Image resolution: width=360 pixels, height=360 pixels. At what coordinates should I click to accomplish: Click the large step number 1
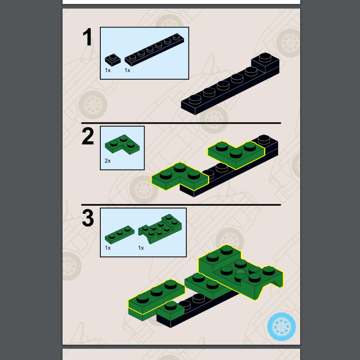coord(87,37)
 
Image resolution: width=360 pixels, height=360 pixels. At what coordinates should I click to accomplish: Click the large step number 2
coord(88,136)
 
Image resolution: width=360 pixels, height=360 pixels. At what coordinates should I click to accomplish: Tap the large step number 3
coord(88,218)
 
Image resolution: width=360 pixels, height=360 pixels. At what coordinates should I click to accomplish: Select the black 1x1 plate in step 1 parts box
coord(113,60)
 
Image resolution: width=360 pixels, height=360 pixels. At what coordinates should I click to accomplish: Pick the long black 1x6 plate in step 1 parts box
coord(154,49)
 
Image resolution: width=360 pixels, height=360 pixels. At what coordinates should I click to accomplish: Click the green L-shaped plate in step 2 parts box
coord(122,144)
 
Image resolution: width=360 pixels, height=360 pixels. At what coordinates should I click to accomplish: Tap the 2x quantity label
coord(108,161)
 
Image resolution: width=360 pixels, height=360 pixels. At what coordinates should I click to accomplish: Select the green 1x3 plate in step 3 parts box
coord(120,234)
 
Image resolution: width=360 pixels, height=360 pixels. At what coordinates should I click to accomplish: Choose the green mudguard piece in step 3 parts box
coord(160,229)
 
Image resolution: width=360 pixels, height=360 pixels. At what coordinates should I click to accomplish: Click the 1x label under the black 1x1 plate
coord(108,70)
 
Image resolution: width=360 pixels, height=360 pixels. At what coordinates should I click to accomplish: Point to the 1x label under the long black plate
coord(127,70)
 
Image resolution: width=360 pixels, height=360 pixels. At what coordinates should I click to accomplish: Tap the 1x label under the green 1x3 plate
coord(108,248)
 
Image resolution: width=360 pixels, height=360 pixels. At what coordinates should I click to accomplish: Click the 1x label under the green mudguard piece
coord(141,248)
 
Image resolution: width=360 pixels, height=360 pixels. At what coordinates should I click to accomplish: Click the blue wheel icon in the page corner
coord(282,327)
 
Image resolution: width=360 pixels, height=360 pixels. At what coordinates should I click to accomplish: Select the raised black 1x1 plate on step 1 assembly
coord(265,62)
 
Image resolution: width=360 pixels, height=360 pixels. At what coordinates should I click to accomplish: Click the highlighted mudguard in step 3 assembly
coord(241,272)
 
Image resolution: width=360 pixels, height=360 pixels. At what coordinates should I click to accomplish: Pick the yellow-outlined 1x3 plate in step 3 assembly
coord(157,296)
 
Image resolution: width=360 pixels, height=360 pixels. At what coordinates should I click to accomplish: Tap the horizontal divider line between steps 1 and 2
coord(181,123)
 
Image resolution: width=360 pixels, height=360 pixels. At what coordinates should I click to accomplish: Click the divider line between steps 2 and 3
coord(181,205)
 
